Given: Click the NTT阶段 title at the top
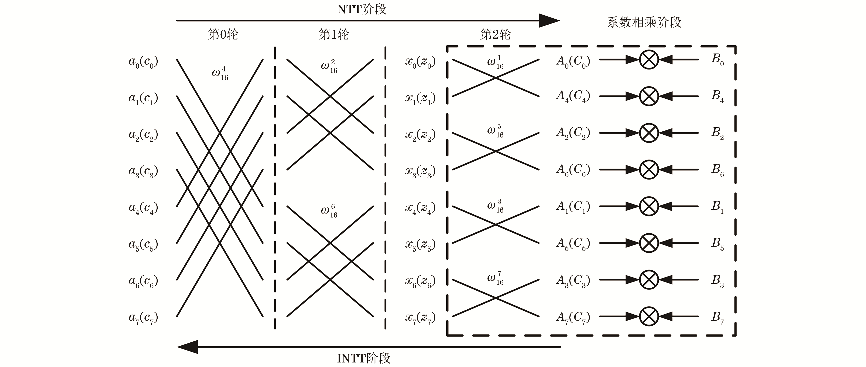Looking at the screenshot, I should pyautogui.click(x=362, y=9).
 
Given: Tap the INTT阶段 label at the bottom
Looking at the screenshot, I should pyautogui.click(x=364, y=358).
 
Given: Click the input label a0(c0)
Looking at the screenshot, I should pyautogui.click(x=143, y=62).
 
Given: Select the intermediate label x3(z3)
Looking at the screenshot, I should pyautogui.click(x=420, y=172).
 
